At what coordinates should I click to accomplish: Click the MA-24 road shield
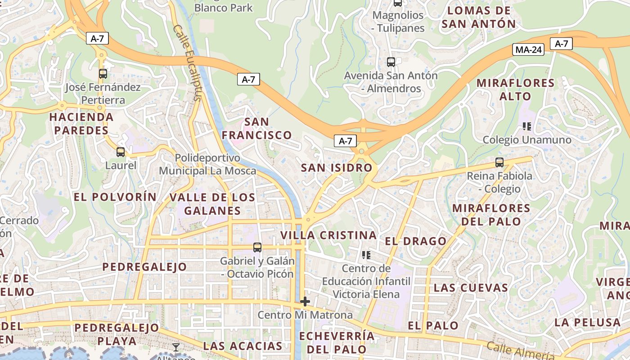coord(528,50)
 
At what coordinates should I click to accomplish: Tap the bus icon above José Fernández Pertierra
coord(103,74)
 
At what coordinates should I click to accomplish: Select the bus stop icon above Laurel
coord(120,152)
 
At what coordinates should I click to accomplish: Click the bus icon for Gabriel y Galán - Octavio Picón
coord(257,247)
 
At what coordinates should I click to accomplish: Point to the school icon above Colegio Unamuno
coord(527,126)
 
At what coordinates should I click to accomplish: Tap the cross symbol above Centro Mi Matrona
coord(305,301)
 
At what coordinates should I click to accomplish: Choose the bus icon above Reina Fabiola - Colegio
coord(499,162)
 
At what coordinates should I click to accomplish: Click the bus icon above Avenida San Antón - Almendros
coord(391,62)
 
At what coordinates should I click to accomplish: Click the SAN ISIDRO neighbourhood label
coord(337,168)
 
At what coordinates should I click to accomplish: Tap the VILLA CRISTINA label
coord(328,235)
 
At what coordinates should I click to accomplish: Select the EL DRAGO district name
coord(415,241)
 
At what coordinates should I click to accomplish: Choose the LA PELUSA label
coord(587,322)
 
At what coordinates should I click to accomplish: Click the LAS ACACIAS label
coord(243,346)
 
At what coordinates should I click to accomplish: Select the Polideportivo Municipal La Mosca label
coord(207,164)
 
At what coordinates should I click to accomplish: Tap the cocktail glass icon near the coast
coord(175,347)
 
